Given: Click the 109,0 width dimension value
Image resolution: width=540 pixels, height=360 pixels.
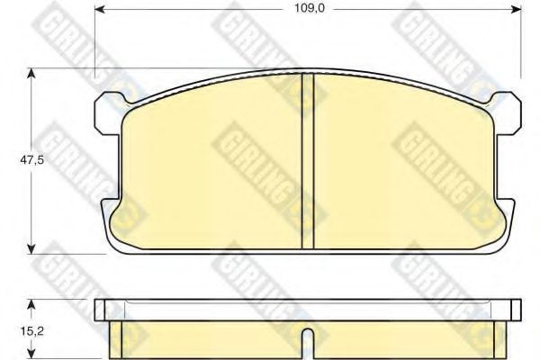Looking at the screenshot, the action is (x=309, y=8).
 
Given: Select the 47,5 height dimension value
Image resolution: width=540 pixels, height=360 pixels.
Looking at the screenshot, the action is (x=31, y=160).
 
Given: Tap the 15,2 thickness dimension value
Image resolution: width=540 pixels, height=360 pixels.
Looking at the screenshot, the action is (x=31, y=331).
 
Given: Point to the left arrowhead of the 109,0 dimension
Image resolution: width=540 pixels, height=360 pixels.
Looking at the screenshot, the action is (x=100, y=9).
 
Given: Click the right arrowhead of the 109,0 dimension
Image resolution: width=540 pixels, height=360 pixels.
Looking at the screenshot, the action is (x=516, y=9).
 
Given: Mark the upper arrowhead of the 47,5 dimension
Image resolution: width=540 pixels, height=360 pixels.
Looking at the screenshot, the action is (x=31, y=74).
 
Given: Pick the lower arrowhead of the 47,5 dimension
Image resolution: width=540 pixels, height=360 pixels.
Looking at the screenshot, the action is (x=31, y=248).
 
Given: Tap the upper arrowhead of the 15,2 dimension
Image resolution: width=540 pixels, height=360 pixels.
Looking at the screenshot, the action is (x=31, y=304).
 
